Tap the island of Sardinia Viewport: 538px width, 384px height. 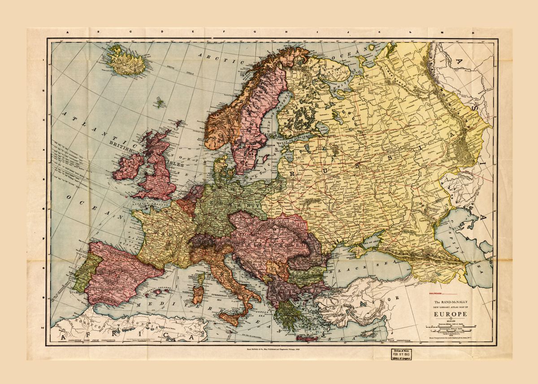[x=198, y=297]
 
